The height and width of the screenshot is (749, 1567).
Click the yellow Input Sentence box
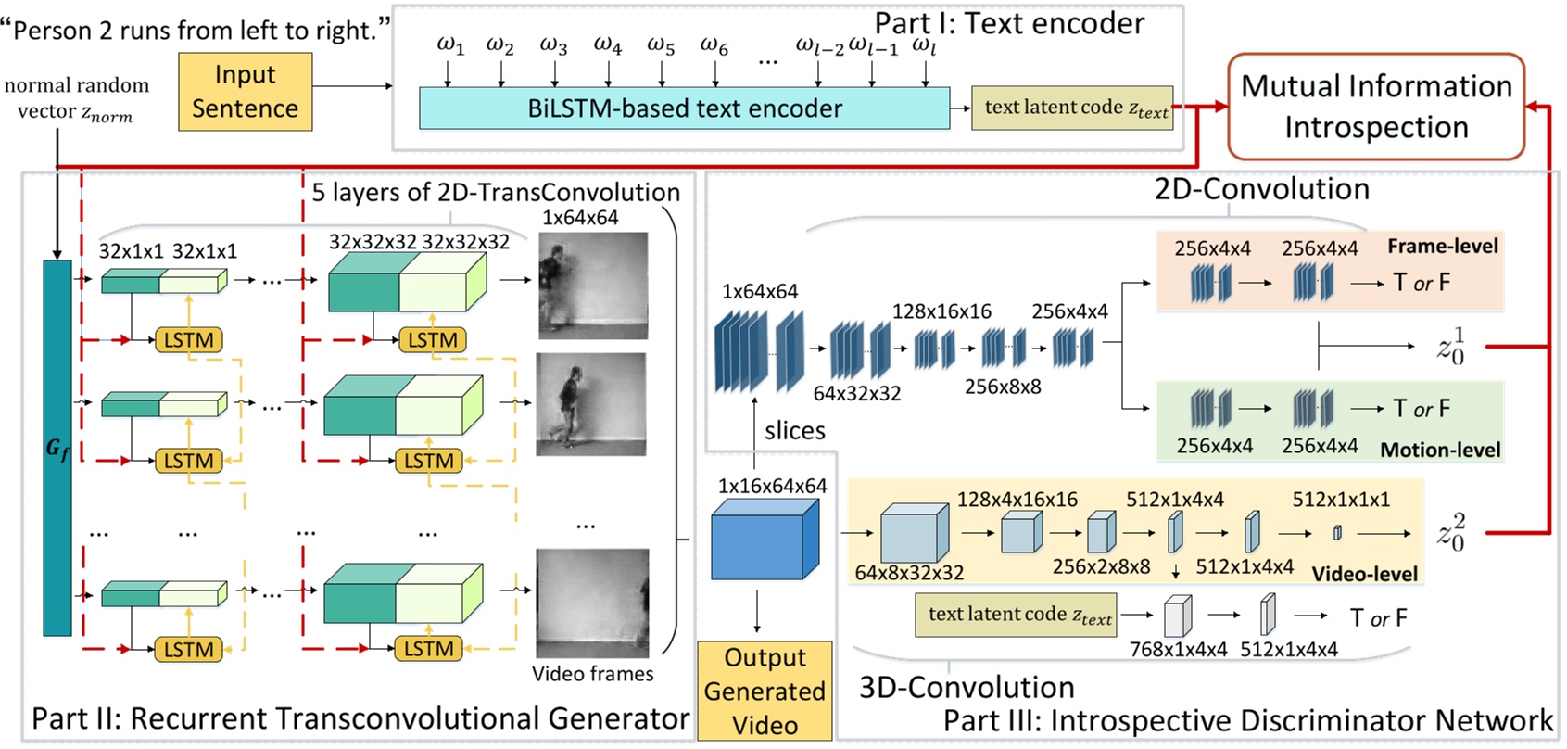pyautogui.click(x=245, y=92)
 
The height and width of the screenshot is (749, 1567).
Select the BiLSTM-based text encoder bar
pyautogui.click(x=684, y=108)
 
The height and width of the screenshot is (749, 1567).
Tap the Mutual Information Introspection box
pyautogui.click(x=1375, y=107)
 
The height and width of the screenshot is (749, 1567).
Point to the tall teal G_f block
pyautogui.click(x=57, y=448)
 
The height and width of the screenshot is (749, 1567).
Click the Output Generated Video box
pyautogui.click(x=765, y=691)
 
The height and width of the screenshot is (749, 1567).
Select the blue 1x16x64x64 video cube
pyautogui.click(x=765, y=540)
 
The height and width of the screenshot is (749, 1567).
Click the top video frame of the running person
pyautogui.click(x=593, y=285)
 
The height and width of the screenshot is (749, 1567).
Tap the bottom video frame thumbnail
pyautogui.click(x=593, y=603)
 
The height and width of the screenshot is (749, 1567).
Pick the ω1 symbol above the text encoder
pyautogui.click(x=450, y=44)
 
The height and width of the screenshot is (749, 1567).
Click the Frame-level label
pyautogui.click(x=1442, y=246)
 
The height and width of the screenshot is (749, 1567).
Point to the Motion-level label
pyautogui.click(x=1440, y=450)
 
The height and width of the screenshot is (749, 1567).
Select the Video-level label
pyautogui.click(x=1364, y=574)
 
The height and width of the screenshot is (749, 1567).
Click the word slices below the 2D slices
pyautogui.click(x=794, y=430)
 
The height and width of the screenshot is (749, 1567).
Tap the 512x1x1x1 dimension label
pyautogui.click(x=1341, y=500)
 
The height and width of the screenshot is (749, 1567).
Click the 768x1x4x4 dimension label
pyautogui.click(x=1178, y=649)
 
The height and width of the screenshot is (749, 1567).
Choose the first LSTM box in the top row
pyautogui.click(x=188, y=340)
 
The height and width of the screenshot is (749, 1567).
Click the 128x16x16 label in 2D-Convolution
pyautogui.click(x=941, y=311)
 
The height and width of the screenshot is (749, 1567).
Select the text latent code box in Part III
pyautogui.click(x=1017, y=615)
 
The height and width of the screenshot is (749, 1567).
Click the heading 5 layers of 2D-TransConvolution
pyautogui.click(x=496, y=192)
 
